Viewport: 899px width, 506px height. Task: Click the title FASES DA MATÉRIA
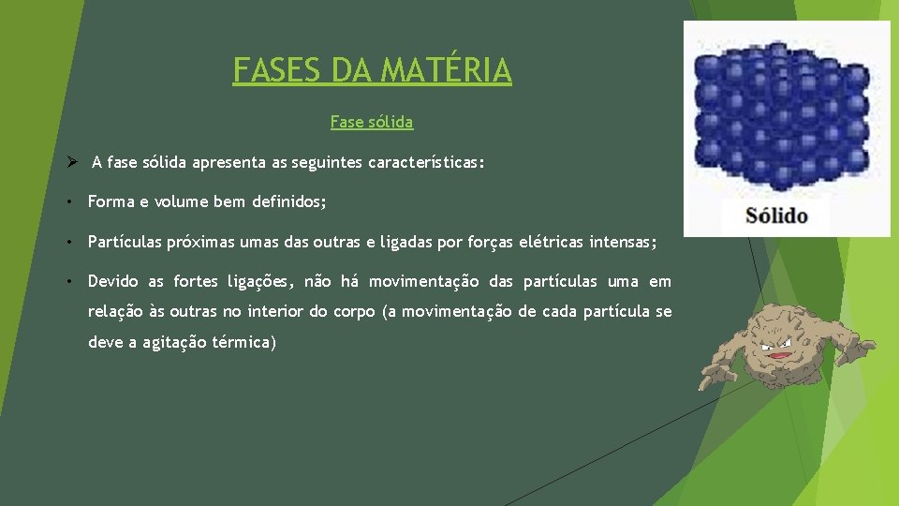pyautogui.click(x=372, y=70)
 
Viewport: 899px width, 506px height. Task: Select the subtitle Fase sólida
pyautogui.click(x=372, y=122)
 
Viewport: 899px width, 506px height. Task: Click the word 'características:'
pyautogui.click(x=426, y=162)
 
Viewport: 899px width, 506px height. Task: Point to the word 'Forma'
pyautogui.click(x=111, y=201)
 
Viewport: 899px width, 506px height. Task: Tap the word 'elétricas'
pyautogui.click(x=551, y=242)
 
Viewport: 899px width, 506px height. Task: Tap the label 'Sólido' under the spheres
pyautogui.click(x=776, y=216)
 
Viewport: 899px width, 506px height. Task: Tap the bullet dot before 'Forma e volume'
pyautogui.click(x=71, y=201)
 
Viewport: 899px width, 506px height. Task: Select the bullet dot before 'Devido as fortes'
pyautogui.click(x=71, y=281)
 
